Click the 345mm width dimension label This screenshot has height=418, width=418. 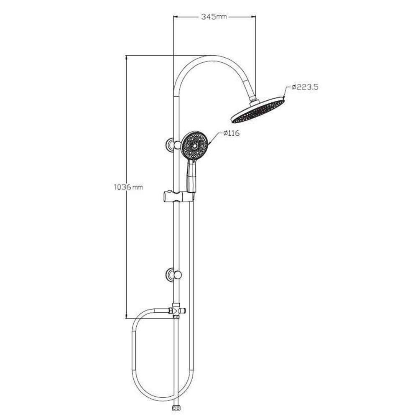coord(214,17)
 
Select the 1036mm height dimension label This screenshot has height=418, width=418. coord(128,187)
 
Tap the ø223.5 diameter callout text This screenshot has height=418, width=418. coord(305,87)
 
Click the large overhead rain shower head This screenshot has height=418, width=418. coord(258,110)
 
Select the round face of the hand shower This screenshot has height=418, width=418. coord(195,145)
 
